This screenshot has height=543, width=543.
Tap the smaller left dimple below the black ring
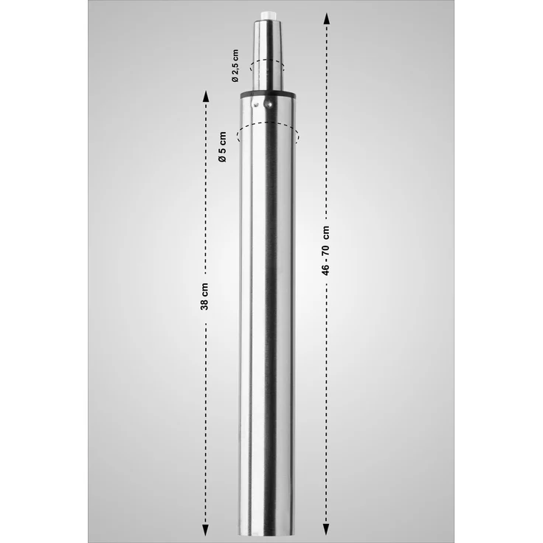click(256, 106)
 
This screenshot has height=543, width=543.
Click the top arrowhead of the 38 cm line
click(205, 95)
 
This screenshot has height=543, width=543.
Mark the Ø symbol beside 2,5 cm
click(235, 78)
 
